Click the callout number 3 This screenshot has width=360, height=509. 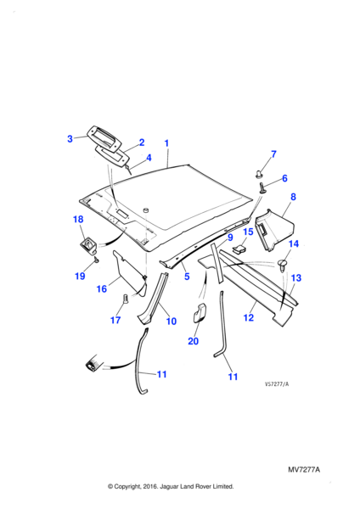70,139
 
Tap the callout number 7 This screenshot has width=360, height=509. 273,154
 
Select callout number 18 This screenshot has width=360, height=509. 78,220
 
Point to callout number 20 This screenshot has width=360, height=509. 193,341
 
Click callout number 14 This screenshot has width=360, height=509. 294,243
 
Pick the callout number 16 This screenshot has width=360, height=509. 102,288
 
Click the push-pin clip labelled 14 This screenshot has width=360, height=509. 284,265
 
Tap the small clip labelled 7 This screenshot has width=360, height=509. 259,174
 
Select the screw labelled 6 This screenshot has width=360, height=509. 262,188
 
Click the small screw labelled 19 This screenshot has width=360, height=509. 96,260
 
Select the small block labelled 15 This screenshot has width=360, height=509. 239,249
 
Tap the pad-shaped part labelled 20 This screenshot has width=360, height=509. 200,312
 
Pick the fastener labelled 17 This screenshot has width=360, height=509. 126,299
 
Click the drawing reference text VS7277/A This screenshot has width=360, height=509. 277,384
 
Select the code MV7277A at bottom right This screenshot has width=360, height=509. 304,470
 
